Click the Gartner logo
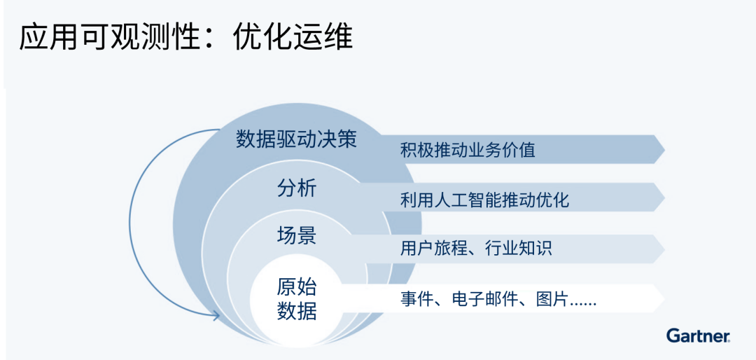click(x=698, y=335)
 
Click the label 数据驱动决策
click(x=296, y=139)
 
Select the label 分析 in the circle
click(x=297, y=188)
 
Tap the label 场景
click(x=297, y=235)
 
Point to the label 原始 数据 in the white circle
click(x=297, y=299)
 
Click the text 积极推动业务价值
click(x=467, y=150)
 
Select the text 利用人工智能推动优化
click(x=484, y=200)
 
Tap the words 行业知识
click(x=518, y=249)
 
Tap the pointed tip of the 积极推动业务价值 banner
click(x=665, y=150)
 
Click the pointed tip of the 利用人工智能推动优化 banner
click(x=665, y=198)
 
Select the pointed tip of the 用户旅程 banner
click(x=665, y=249)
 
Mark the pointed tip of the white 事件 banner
click(x=665, y=298)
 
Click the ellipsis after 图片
click(x=583, y=304)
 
